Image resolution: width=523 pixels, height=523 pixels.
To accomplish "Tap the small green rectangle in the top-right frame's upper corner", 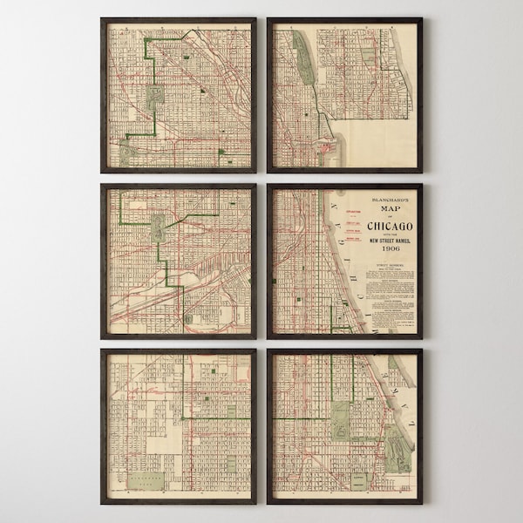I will [x=367, y=55].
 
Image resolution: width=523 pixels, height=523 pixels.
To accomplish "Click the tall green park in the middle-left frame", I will [x=159, y=229].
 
